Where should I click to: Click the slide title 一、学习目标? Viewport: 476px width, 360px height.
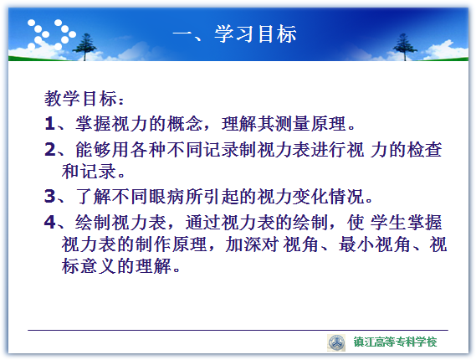234,33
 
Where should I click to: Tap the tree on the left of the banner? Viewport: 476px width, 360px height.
84,47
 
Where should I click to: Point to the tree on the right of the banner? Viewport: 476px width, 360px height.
405,47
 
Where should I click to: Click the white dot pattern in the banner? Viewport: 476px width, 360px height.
51,34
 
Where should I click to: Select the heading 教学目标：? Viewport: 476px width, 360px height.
84,99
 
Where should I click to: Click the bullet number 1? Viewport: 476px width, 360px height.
49,124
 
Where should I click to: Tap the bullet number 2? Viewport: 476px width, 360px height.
50,150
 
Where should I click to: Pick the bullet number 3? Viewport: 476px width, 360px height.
50,196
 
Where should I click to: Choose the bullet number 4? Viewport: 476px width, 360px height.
50,222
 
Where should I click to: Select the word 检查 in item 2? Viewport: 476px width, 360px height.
424,150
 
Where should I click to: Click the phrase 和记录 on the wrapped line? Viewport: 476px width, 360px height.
89,171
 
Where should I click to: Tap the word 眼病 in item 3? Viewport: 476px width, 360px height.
167,196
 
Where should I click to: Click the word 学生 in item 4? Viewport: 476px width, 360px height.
387,222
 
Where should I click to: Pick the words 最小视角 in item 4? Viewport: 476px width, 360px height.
374,244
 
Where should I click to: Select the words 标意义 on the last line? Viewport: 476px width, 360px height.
89,266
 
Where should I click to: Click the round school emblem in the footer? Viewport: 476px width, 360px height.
336,343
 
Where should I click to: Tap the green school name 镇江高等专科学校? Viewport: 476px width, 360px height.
395,342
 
